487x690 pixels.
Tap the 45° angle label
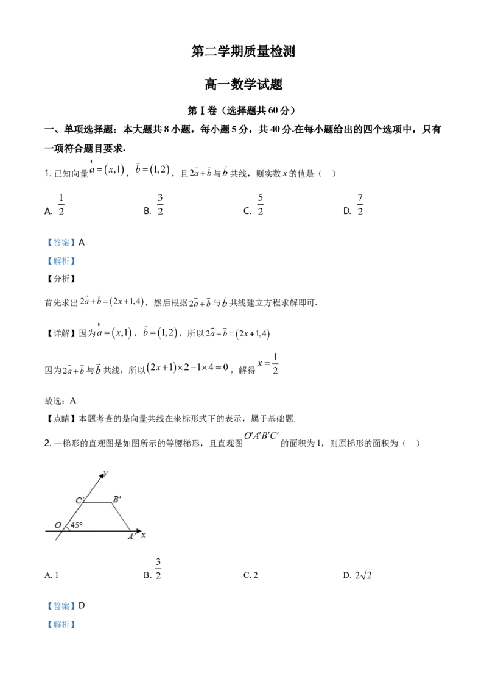(77, 525)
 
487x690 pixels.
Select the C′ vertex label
(80, 501)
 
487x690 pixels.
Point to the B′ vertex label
(117, 499)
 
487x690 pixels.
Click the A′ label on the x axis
(131, 537)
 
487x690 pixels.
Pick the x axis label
(144, 535)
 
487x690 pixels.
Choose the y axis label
(106, 472)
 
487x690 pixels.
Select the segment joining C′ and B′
(97, 503)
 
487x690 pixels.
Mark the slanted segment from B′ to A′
(122, 517)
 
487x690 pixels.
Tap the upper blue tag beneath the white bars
(61, 243)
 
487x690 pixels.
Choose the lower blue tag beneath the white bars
(61, 261)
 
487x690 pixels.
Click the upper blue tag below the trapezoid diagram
(61, 606)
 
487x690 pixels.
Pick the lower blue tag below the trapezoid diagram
(61, 624)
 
